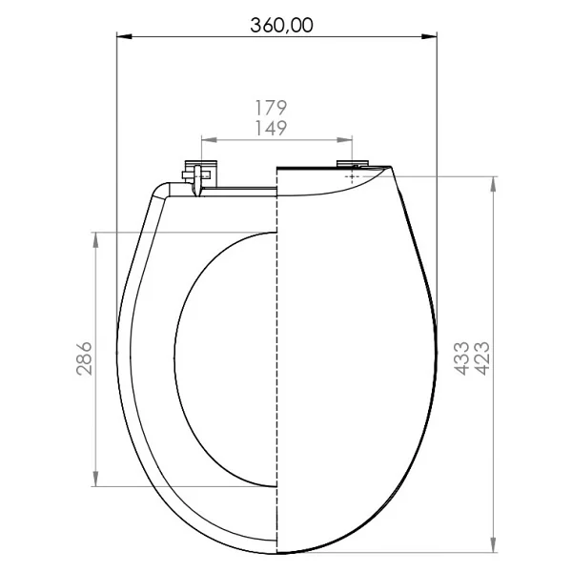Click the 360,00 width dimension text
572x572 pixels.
point(281,26)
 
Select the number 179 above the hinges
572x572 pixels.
point(271,108)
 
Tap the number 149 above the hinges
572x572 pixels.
point(271,128)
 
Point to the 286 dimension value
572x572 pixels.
point(84,358)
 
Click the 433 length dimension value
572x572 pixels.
point(461,358)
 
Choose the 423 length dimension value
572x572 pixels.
point(481,358)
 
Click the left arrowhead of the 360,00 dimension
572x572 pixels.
point(124,36)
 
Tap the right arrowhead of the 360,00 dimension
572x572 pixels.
point(429,36)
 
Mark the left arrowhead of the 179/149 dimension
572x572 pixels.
point(209,140)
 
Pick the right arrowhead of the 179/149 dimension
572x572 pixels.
point(345,140)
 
